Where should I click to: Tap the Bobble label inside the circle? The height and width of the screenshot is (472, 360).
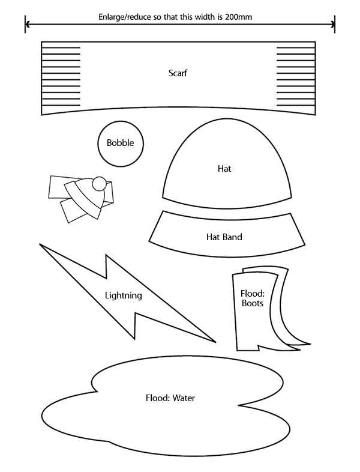pyautogui.click(x=120, y=143)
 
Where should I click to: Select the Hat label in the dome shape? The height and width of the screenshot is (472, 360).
pyautogui.click(x=224, y=169)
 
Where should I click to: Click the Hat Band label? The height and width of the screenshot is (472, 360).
pyautogui.click(x=224, y=237)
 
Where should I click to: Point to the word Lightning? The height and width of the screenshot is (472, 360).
pyautogui.click(x=123, y=295)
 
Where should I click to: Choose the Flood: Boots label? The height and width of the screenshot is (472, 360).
pyautogui.click(x=253, y=298)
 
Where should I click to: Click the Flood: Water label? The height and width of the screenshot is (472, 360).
pyautogui.click(x=170, y=398)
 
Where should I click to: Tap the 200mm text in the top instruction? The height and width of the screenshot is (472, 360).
pyautogui.click(x=239, y=17)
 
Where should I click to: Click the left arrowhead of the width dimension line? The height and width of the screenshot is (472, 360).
pyautogui.click(x=28, y=25)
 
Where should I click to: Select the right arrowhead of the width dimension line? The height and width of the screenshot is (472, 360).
pyautogui.click(x=332, y=25)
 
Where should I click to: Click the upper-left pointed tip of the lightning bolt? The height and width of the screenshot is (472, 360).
pyautogui.click(x=41, y=245)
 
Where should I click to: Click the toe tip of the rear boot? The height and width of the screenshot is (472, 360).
pyautogui.click(x=308, y=345)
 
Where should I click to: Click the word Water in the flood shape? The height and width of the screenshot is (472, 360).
pyautogui.click(x=184, y=398)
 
